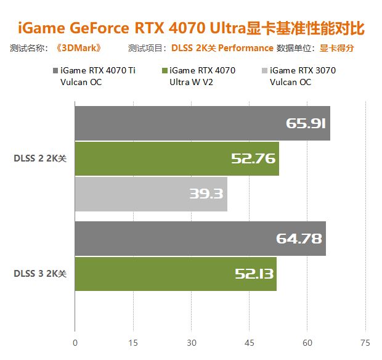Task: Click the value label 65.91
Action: pyautogui.click(x=306, y=123)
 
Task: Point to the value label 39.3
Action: pyautogui.click(x=206, y=194)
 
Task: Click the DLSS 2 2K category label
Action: pyautogui.click(x=39, y=158)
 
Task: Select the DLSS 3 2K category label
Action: pyautogui.click(x=39, y=274)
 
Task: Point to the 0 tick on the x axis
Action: pyautogui.click(x=75, y=342)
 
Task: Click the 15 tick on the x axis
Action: pyautogui.click(x=133, y=342)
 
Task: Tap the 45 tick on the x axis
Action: pyautogui.click(x=250, y=342)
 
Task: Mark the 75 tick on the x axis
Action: pyautogui.click(x=366, y=342)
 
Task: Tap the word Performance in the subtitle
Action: pyautogui.click(x=246, y=48)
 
